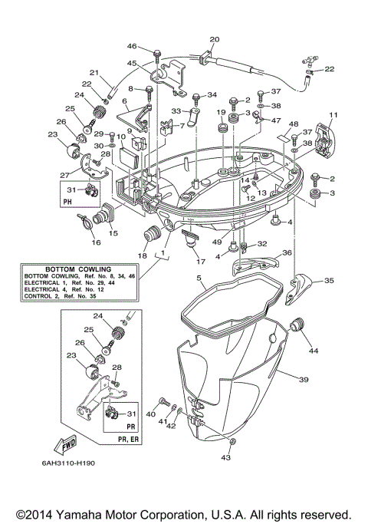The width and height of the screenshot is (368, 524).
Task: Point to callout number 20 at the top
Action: (214, 39)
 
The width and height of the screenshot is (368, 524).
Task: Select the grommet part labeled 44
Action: (299, 328)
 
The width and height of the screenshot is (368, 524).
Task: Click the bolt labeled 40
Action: (164, 402)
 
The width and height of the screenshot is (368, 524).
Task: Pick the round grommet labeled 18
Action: (150, 235)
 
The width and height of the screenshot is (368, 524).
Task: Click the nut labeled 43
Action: (232, 443)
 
